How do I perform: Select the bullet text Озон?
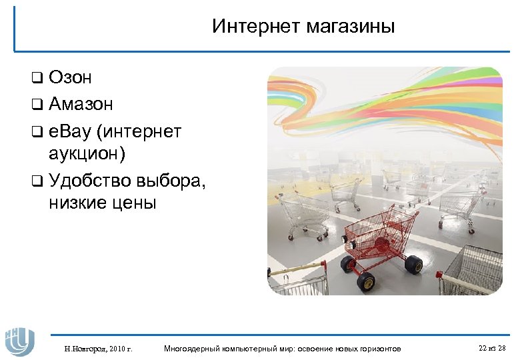[x=70, y=78]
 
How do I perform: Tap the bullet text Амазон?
[x=81, y=104]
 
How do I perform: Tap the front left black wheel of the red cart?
[x=366, y=281]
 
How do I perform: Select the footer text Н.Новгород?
[x=83, y=349]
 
